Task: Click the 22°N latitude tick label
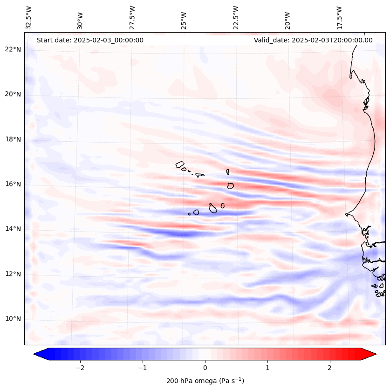[x=13, y=49]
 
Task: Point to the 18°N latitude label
[x=13, y=139]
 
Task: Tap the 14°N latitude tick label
[x=13, y=229]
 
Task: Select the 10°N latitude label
[x=13, y=319]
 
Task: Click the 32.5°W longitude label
[x=29, y=18]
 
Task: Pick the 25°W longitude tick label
[x=184, y=18]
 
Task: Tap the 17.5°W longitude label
[x=339, y=18]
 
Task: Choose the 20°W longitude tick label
[x=287, y=18]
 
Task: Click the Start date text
[x=90, y=40]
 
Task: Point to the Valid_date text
[x=313, y=40]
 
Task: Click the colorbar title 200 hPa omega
[x=205, y=381]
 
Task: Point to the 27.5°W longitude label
[x=132, y=18]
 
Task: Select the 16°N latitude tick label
[x=13, y=184]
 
